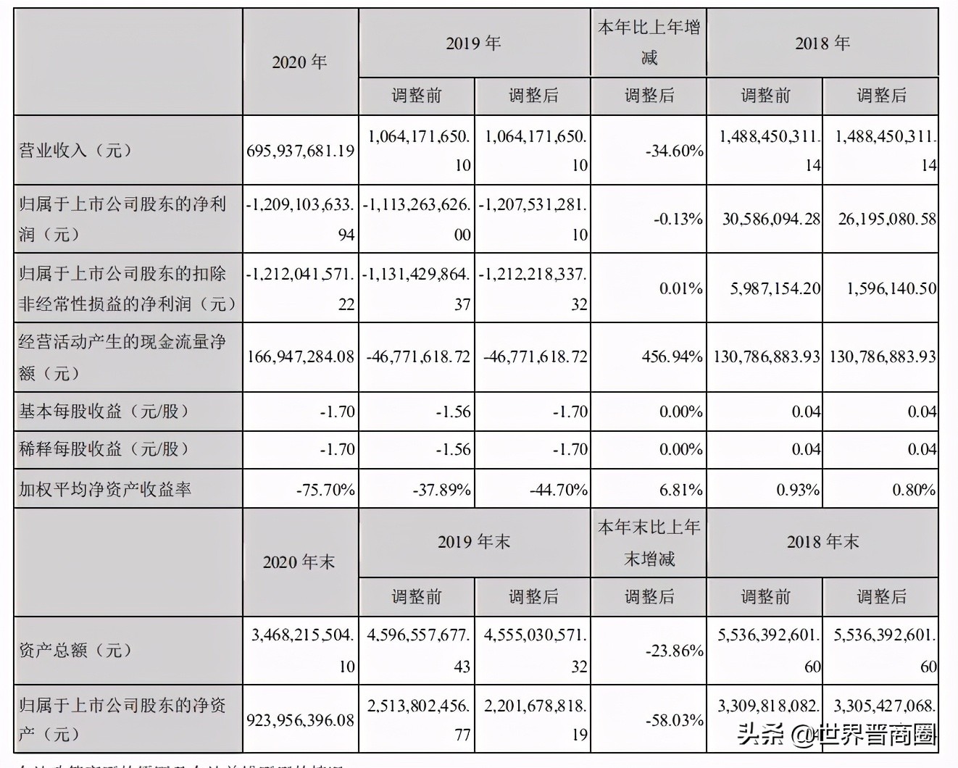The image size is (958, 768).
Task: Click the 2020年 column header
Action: [300, 62]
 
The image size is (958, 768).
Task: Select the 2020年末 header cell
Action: [300, 562]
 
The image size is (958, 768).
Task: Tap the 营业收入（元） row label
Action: [75, 151]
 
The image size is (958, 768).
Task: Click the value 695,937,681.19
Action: [300, 151]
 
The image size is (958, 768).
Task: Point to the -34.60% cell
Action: [674, 151]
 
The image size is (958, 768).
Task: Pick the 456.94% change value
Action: [672, 356]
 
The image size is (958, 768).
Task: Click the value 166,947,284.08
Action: [300, 356]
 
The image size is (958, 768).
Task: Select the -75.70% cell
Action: [325, 490]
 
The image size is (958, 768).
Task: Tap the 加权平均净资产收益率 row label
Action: [105, 490]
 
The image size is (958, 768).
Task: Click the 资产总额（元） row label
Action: [75, 650]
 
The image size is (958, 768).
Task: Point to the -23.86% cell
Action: [674, 651]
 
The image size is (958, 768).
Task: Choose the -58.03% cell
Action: [674, 720]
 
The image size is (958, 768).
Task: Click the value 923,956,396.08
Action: [300, 720]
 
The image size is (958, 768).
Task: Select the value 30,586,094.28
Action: [771, 219]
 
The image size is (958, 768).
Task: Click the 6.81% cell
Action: [680, 490]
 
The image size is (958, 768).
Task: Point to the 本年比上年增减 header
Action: [649, 43]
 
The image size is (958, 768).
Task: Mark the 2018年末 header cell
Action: [822, 542]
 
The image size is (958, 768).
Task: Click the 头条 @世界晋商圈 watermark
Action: [837, 735]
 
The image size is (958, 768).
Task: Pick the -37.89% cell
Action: [441, 490]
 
